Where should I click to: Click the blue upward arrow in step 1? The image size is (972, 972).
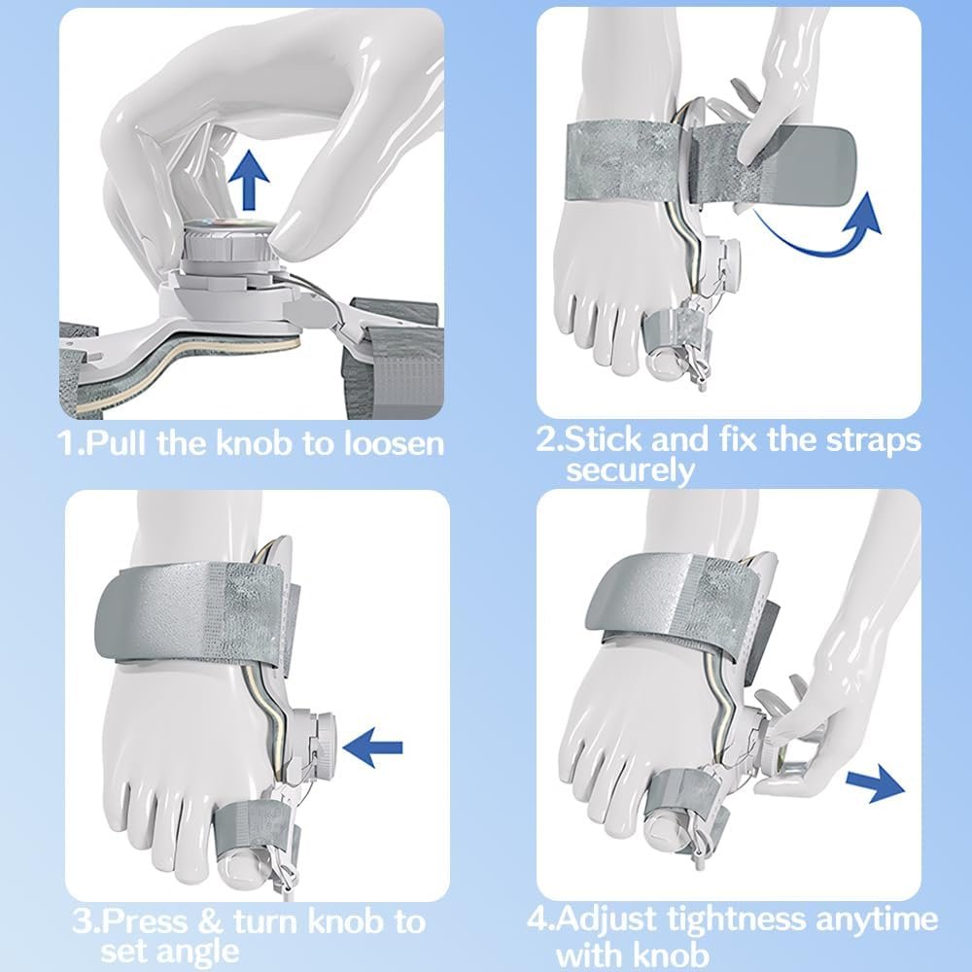pos(249,179)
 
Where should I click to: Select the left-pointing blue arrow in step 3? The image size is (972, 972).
pos(372,747)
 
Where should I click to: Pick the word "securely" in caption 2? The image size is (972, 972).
pos(630,470)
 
